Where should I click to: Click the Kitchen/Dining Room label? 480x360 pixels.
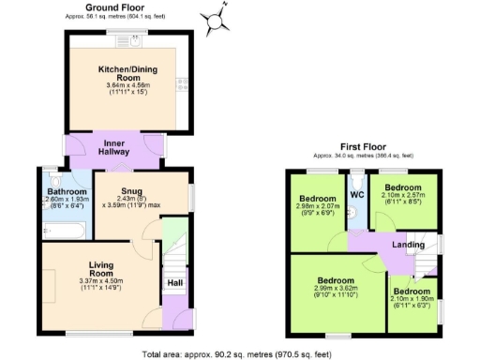(x=127, y=73)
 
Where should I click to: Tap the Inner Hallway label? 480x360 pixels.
(x=114, y=148)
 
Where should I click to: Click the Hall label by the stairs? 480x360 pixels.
(x=174, y=281)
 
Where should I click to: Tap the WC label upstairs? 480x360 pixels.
(x=356, y=195)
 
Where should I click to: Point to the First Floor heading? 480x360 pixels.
(x=364, y=147)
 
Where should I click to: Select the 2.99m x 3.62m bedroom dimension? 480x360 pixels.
(x=334, y=291)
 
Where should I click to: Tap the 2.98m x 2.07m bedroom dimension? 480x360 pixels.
(x=317, y=210)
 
